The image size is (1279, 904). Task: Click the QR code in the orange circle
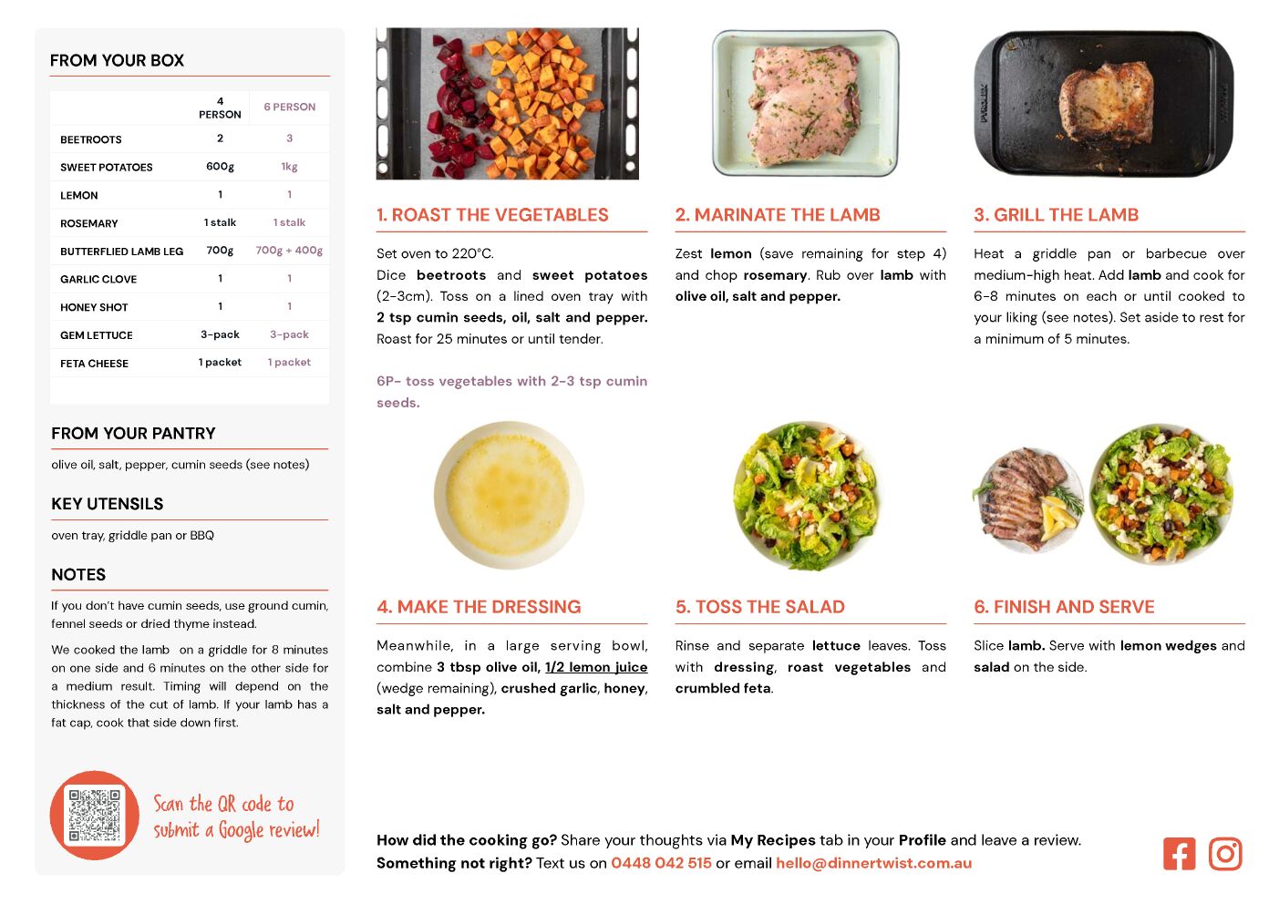click(x=94, y=815)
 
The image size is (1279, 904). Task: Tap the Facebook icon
click(x=1179, y=854)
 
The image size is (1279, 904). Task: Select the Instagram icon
click(x=1224, y=854)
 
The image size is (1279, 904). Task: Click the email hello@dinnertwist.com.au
click(x=873, y=863)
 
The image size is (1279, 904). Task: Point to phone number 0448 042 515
click(x=661, y=863)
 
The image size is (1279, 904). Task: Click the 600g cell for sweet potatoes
click(x=220, y=166)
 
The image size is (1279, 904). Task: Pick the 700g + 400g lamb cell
click(x=289, y=250)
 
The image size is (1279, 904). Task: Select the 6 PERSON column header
click(x=290, y=107)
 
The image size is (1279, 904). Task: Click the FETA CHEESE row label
click(x=94, y=363)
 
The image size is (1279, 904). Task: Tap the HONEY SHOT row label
click(x=94, y=307)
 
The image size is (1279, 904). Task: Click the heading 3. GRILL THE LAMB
click(x=1057, y=214)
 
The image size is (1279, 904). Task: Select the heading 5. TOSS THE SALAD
click(x=760, y=607)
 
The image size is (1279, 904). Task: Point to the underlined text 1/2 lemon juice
click(x=596, y=667)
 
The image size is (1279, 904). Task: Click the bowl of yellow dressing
click(x=508, y=495)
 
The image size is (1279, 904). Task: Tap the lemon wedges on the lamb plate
click(x=1059, y=516)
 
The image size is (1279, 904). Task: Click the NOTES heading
click(x=78, y=574)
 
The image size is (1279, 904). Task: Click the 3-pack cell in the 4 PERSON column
click(x=220, y=334)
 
